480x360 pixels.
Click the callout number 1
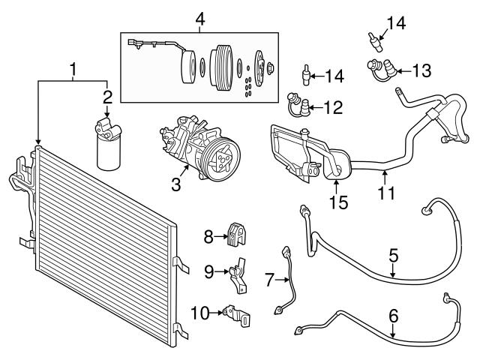tap(73, 71)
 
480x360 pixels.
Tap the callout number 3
tap(175, 183)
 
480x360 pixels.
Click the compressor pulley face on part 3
tap(220, 160)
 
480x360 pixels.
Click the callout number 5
tap(393, 256)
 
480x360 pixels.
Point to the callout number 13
tap(421, 71)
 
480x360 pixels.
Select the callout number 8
tap(209, 237)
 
